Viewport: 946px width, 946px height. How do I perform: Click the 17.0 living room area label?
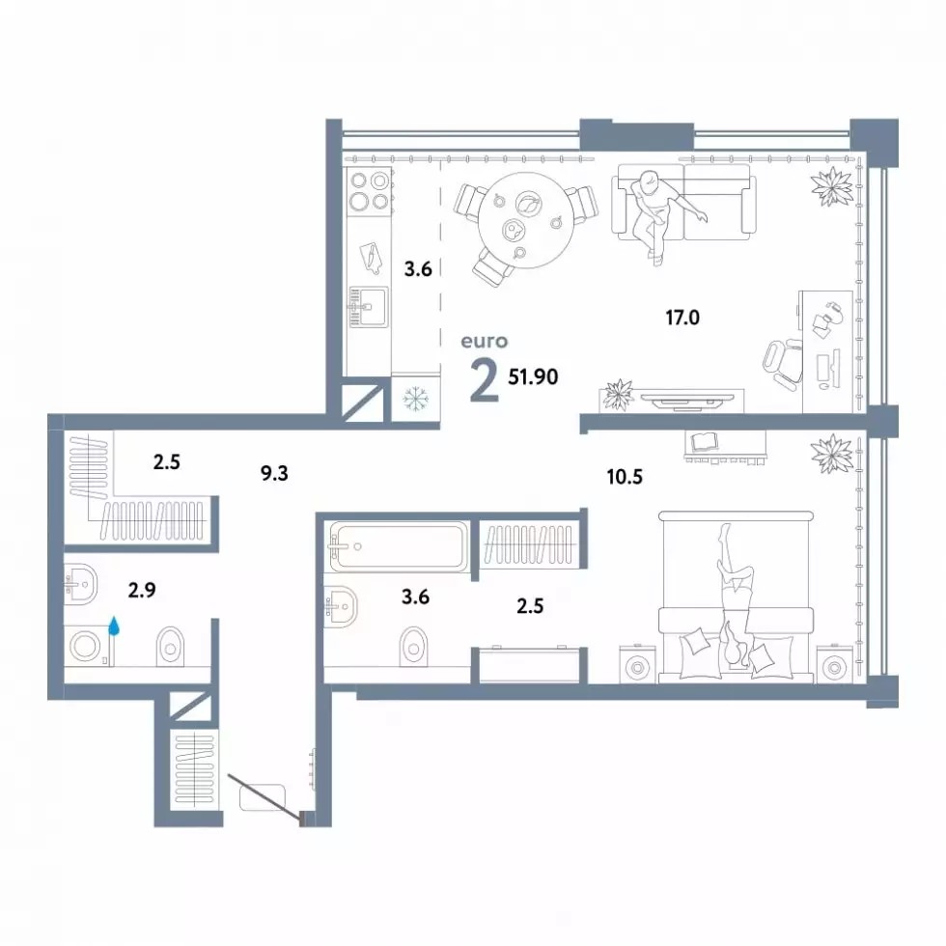coord(682,317)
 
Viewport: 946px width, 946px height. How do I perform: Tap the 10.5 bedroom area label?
coord(625,477)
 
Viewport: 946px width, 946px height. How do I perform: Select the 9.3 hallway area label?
coord(274,474)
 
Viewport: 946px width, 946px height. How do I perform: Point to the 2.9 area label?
coord(142,590)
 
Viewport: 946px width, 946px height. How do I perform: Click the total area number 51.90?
coord(533,377)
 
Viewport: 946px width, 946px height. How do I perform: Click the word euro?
coord(485,342)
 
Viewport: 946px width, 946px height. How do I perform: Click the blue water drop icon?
coord(114,626)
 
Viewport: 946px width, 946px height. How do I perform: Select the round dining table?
coord(525,221)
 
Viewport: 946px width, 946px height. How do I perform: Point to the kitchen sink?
coord(368,307)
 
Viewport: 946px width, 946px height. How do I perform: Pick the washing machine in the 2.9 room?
coord(89,646)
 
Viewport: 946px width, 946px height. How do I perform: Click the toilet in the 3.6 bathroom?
coord(414,647)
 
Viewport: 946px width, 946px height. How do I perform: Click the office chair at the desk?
coord(783,363)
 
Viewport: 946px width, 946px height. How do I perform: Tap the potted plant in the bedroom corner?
coord(832,454)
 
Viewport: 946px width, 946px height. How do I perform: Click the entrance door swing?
coord(264,797)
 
